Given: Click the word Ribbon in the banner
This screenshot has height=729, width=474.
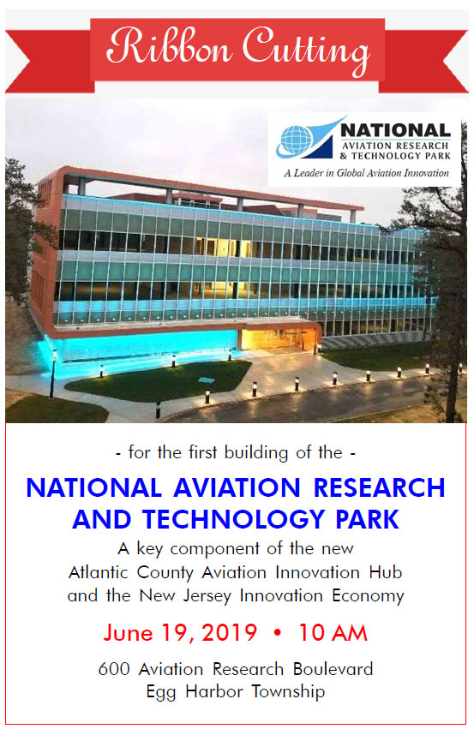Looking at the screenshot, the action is pyautogui.click(x=170, y=47).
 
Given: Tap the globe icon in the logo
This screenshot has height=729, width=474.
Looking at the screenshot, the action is pyautogui.click(x=296, y=140).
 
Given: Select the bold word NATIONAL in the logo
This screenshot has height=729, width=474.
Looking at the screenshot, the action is pyautogui.click(x=396, y=130).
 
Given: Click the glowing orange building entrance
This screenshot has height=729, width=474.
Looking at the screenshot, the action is pyautogui.click(x=279, y=339).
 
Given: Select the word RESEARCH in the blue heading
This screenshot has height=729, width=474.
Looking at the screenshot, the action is pyautogui.click(x=379, y=487).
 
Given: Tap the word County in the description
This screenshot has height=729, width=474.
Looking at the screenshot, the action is pyautogui.click(x=165, y=573).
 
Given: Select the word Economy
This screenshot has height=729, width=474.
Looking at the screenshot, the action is pyautogui.click(x=368, y=596).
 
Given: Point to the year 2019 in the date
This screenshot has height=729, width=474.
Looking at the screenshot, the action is pyautogui.click(x=230, y=633).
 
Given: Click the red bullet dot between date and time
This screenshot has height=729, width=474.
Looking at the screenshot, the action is pyautogui.click(x=278, y=633).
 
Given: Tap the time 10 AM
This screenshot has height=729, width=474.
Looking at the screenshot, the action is pyautogui.click(x=333, y=633).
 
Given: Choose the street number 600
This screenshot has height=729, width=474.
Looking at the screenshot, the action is pyautogui.click(x=114, y=669).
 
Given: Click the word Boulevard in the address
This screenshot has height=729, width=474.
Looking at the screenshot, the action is pyautogui.click(x=333, y=669).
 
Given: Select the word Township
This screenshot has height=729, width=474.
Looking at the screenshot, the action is pyautogui.click(x=288, y=692).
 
